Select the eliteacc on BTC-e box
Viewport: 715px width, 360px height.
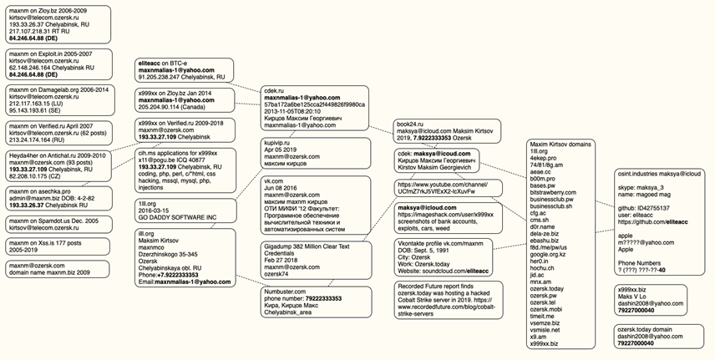coord(185,69)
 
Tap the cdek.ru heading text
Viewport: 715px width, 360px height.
coord(275,89)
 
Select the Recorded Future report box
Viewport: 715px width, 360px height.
coord(447,301)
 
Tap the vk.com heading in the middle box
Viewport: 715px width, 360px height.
coord(274,180)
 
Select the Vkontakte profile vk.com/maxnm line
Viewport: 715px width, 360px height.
coord(440,245)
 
